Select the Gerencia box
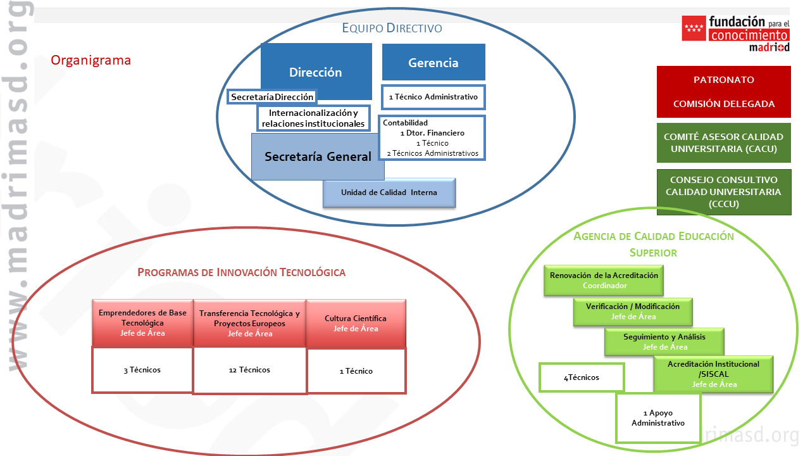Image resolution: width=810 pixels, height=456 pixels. coord(433,62)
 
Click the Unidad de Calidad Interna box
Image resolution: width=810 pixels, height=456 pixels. coord(389,193)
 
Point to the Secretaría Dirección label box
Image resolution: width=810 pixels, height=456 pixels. coord(271,97)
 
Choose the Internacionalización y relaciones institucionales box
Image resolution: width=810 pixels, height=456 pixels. coord(313,118)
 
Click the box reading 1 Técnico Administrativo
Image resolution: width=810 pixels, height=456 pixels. coord(433,97)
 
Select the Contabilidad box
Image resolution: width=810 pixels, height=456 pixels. coord(432,137)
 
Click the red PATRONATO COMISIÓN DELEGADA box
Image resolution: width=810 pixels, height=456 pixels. coord(723,92)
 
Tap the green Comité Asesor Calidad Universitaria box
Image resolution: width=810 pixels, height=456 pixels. coord(723,142)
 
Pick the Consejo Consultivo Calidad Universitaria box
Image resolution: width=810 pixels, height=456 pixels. coord(723,192)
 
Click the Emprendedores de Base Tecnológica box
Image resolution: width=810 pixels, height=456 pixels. coord(142,323)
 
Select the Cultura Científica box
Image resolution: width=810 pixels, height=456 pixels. coord(356,323)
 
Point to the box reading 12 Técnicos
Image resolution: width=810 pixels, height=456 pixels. coord(249,370)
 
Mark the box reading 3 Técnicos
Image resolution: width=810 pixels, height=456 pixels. coord(142,370)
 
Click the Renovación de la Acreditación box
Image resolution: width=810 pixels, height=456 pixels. coord(604,281)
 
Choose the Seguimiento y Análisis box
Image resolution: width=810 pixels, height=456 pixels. coord(664,341)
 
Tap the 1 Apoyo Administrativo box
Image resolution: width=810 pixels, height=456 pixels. coord(658,418)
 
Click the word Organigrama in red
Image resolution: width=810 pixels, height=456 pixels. coord(90,61)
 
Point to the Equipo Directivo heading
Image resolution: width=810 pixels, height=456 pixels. coord(392,28)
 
